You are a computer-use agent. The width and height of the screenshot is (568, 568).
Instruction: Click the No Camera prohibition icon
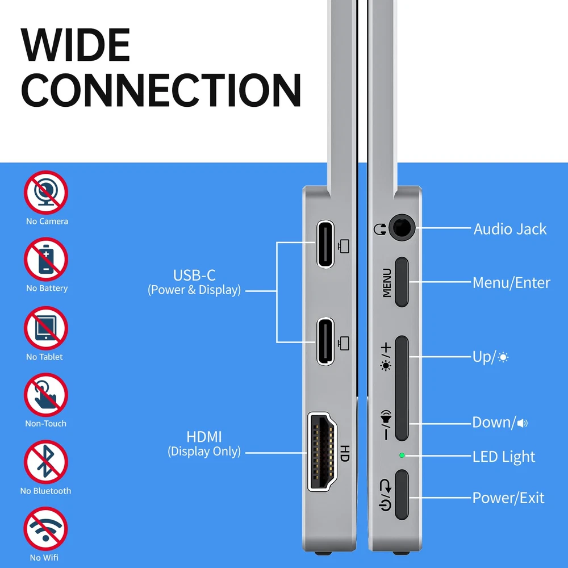[x=46, y=193]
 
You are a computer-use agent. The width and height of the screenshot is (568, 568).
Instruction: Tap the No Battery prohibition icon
[x=46, y=260]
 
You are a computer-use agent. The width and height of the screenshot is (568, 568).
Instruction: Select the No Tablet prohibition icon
[x=46, y=328]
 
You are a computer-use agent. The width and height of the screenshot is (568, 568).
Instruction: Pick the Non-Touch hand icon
[x=46, y=395]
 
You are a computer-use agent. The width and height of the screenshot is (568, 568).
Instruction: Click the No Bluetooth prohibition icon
[x=46, y=462]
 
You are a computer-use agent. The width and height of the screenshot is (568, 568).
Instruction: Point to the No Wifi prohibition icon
[x=45, y=529]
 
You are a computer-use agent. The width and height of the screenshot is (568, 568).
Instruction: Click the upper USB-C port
[x=325, y=244]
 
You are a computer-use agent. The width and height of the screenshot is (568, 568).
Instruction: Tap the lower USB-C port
[x=325, y=341]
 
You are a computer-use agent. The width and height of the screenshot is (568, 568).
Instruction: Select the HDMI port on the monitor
[x=322, y=452]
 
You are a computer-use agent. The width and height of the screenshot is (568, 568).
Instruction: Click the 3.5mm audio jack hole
[x=402, y=228]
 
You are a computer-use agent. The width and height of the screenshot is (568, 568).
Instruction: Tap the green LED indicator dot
[x=402, y=455]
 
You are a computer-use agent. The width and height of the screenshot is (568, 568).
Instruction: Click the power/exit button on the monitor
[x=402, y=495]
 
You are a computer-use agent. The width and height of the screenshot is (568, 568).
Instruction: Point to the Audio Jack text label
[x=510, y=229]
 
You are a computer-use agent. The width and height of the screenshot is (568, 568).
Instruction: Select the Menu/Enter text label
[x=511, y=282]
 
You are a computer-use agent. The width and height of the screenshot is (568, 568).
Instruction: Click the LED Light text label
[x=503, y=457]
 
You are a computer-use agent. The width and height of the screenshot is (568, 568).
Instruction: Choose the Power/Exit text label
[x=508, y=498]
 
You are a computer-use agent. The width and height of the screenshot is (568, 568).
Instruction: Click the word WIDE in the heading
[x=76, y=45]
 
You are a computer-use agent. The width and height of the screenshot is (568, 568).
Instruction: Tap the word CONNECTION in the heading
[x=161, y=90]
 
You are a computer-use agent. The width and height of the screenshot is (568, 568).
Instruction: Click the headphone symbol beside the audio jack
[x=380, y=229]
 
